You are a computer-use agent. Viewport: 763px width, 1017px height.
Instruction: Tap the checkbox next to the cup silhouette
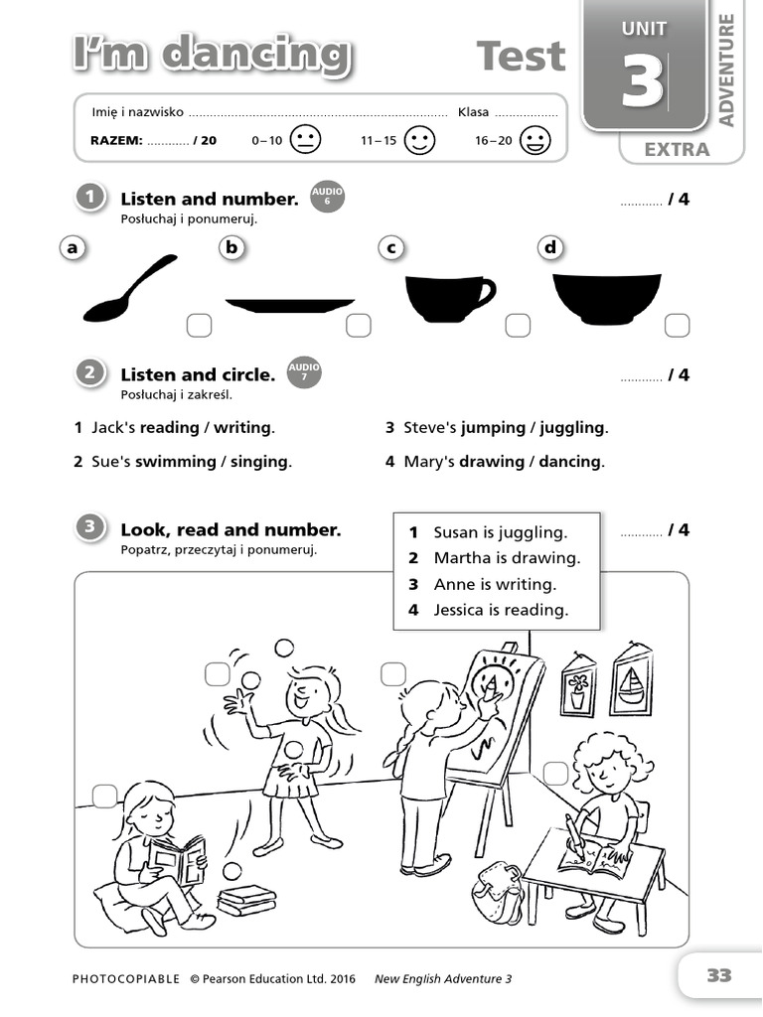pyautogui.click(x=517, y=325)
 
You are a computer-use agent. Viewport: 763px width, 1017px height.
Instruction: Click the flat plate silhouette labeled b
pyautogui.click(x=289, y=305)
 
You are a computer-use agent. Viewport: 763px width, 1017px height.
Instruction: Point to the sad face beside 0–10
pyautogui.click(x=306, y=140)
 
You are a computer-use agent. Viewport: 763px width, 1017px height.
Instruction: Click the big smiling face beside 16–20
pyautogui.click(x=534, y=140)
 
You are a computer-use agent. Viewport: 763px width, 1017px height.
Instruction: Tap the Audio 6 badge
pyautogui.click(x=327, y=196)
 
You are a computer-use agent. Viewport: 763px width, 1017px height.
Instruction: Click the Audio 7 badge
pyautogui.click(x=304, y=372)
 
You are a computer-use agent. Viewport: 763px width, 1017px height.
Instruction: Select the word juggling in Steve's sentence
pyautogui.click(x=572, y=428)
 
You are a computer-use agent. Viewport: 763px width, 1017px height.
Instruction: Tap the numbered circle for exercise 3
pyautogui.click(x=90, y=528)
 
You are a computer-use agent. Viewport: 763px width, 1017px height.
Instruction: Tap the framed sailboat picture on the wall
pyautogui.click(x=631, y=682)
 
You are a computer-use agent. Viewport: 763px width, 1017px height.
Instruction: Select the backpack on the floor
pyautogui.click(x=498, y=891)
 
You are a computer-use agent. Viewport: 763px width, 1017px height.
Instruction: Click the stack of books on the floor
pyautogui.click(x=246, y=900)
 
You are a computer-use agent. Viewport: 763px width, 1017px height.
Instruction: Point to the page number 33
pyautogui.click(x=718, y=975)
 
